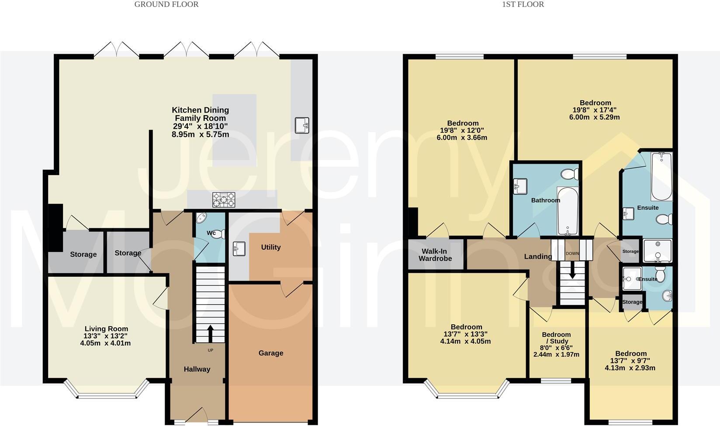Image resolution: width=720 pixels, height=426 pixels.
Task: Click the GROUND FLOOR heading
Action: coord(166,4)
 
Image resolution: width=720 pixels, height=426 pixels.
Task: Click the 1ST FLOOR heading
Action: coord(523,4)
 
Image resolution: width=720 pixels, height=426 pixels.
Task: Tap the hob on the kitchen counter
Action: coord(224,200)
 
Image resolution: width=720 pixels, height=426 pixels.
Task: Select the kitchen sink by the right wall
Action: coord(302,125)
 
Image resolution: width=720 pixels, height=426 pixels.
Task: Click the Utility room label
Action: coord(271,247)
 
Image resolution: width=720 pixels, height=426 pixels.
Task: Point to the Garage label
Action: coord(271,353)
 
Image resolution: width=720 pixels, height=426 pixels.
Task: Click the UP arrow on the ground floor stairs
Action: coord(210,334)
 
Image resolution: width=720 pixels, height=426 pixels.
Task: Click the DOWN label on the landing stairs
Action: coord(572,253)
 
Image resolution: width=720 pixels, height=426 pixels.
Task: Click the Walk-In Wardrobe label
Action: coord(435,255)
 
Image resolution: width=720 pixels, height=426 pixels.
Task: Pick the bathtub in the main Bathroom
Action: coord(568,211)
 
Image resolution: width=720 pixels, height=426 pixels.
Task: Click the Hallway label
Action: coord(197,369)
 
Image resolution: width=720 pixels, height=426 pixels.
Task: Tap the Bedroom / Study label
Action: coord(556,338)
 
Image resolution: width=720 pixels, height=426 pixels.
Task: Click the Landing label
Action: coord(538,257)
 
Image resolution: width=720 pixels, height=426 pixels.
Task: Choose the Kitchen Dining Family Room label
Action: coord(200,114)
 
